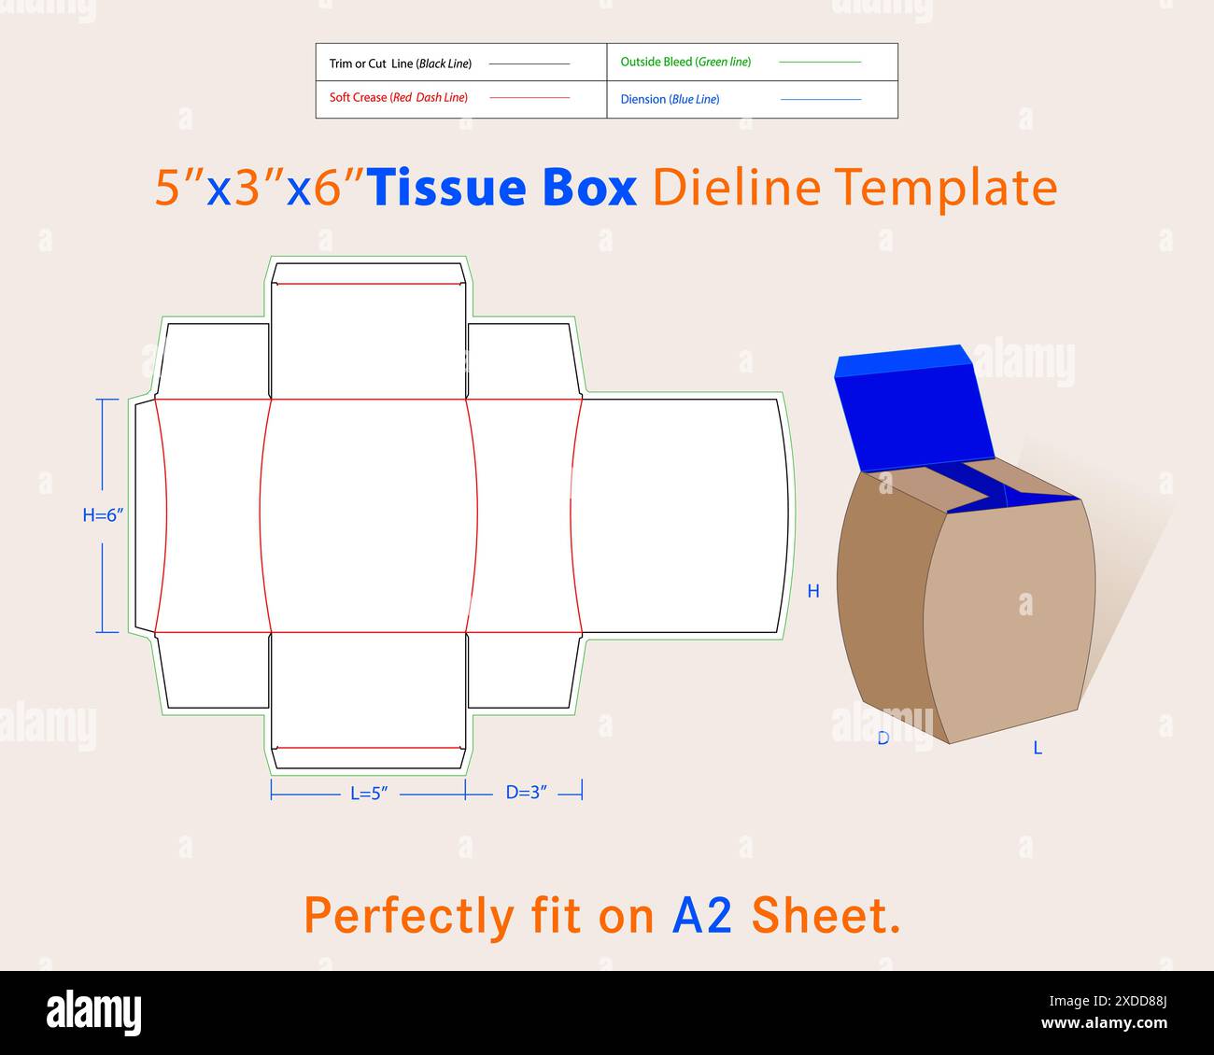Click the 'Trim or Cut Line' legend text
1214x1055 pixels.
click(x=400, y=63)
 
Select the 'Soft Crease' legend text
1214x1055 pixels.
click(x=398, y=98)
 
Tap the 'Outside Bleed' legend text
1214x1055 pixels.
click(x=685, y=63)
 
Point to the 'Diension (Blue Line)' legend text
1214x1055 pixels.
click(x=670, y=99)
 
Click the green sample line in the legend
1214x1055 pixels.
click(x=819, y=63)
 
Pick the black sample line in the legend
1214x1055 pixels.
click(x=529, y=63)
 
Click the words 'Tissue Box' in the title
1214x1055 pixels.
click(x=502, y=188)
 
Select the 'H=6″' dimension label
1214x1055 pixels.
click(x=103, y=514)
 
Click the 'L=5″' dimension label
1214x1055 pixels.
click(x=369, y=794)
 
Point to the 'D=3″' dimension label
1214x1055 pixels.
click(x=527, y=793)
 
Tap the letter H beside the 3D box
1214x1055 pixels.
click(x=813, y=591)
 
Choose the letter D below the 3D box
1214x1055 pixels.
click(x=882, y=738)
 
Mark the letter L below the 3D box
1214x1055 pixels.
click(x=1038, y=748)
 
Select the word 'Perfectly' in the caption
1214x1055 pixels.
click(x=409, y=916)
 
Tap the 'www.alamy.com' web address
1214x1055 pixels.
click(x=1104, y=1023)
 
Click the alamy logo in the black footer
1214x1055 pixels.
click(x=93, y=1012)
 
